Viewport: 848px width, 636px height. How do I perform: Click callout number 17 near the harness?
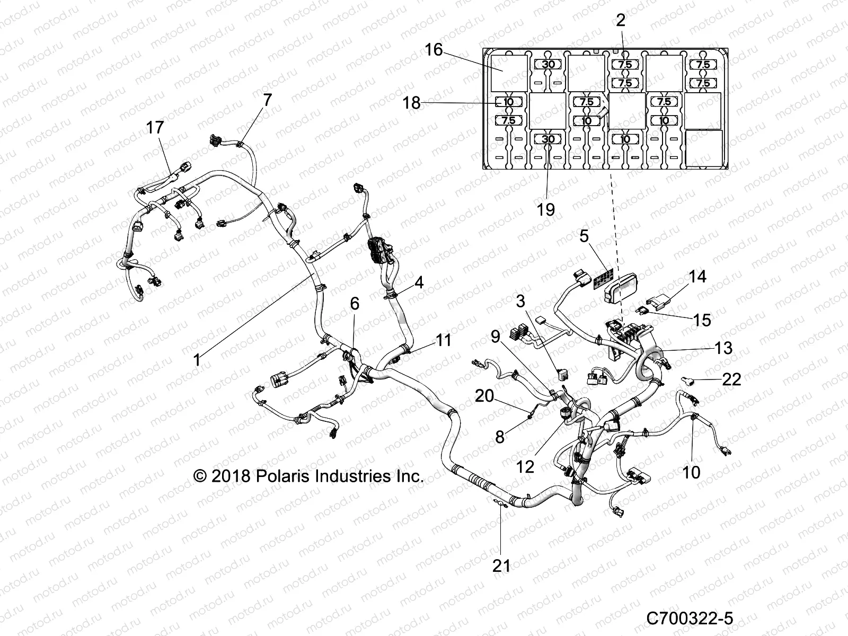[155, 128]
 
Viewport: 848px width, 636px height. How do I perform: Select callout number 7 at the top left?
[267, 100]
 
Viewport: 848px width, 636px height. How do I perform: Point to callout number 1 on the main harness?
[197, 360]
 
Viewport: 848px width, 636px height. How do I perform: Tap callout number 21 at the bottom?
[501, 566]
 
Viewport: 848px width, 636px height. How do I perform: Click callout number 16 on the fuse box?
[434, 50]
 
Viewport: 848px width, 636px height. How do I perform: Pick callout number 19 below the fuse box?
[545, 209]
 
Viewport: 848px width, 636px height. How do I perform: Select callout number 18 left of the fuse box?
[412, 103]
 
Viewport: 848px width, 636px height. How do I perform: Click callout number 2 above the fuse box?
[621, 21]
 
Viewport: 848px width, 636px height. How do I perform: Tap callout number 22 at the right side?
[731, 379]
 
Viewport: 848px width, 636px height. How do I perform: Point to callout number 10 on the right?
[691, 472]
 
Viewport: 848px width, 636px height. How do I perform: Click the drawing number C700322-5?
[689, 618]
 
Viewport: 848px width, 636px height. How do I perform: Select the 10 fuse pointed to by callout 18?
[508, 102]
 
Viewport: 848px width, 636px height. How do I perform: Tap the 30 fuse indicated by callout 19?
[549, 139]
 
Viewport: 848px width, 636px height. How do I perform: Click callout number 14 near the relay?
[697, 277]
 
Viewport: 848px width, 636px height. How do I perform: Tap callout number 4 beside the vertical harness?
[419, 282]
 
